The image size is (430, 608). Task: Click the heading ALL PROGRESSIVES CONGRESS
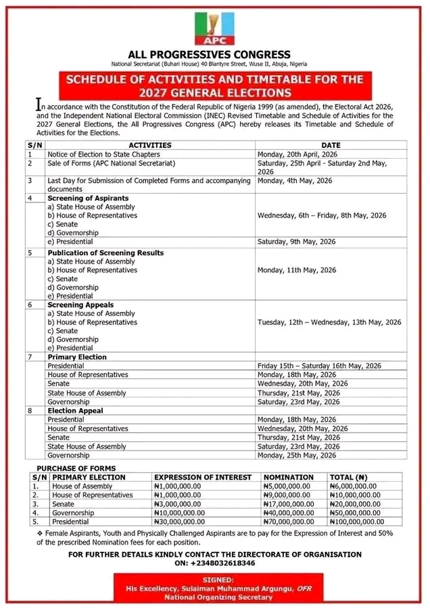210,55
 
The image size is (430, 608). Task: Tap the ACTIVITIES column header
150,145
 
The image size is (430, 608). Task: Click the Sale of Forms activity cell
112,163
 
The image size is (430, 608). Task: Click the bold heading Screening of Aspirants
88,198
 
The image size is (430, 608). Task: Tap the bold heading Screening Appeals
80,305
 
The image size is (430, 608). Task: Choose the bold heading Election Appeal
75,410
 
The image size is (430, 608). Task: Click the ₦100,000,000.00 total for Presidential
356,522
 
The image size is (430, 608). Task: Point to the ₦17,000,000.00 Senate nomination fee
289,504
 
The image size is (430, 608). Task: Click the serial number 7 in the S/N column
30,357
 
